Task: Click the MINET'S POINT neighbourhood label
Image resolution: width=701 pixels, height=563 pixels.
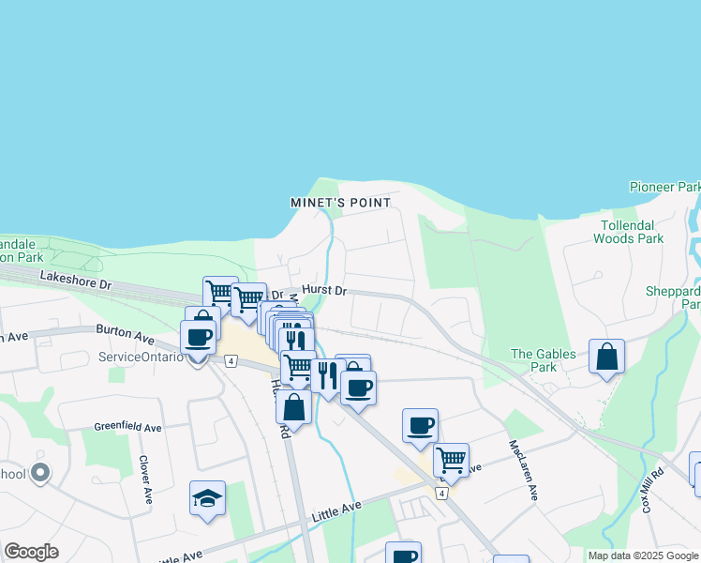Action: pos(339,203)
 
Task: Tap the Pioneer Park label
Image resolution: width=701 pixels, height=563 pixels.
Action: pos(665,187)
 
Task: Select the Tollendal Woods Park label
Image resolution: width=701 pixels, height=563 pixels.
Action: pos(628,232)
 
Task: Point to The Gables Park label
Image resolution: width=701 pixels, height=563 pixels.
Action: pos(534,359)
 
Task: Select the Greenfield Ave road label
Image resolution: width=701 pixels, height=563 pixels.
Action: pos(127,427)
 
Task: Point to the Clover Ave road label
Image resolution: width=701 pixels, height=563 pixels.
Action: pos(146,480)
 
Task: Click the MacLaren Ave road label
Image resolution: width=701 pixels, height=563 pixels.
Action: pos(523,469)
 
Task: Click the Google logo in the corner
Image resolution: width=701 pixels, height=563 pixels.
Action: pos(31,552)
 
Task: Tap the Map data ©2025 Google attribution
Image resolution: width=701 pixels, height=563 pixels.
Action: pos(643,555)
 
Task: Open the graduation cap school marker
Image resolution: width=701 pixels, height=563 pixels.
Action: pos(207,498)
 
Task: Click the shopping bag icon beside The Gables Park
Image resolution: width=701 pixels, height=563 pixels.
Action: pos(607,357)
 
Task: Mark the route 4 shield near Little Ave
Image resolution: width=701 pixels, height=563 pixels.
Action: pos(440,492)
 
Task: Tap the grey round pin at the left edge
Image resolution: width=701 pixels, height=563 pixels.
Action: pos(39,475)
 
